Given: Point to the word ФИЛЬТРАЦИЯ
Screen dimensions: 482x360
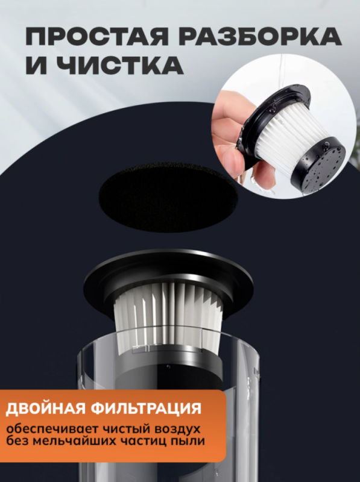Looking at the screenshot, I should tap(148, 409).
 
